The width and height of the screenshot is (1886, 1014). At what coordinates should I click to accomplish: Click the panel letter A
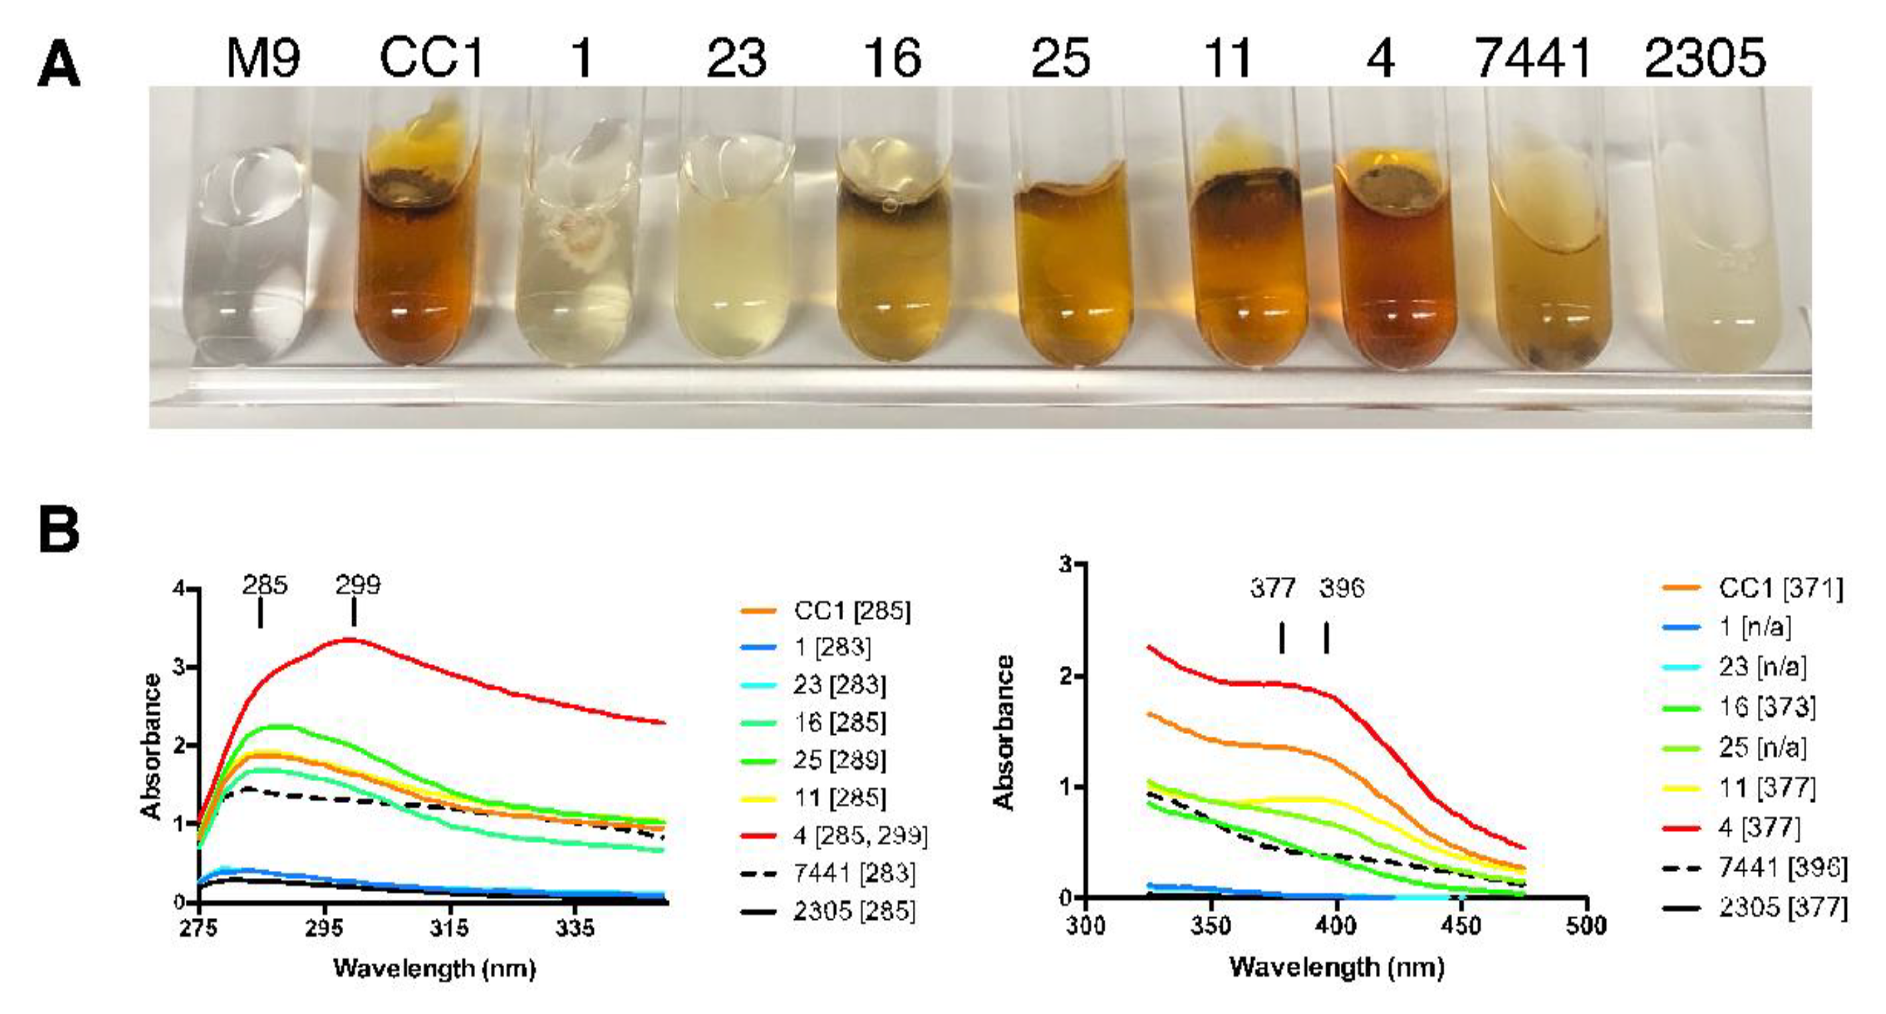coord(58,66)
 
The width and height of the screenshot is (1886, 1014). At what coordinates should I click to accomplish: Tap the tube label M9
coord(263,58)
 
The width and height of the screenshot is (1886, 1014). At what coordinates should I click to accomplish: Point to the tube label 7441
coord(1533,58)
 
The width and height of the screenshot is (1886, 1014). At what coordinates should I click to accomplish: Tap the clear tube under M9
coord(245,256)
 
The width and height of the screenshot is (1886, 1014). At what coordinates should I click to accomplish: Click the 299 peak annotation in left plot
coord(358,585)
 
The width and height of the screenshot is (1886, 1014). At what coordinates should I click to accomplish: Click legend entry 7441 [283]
coord(854,873)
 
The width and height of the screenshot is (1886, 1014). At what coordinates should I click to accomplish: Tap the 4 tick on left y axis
coord(178,590)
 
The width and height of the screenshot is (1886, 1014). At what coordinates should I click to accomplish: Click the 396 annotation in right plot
coord(1341,588)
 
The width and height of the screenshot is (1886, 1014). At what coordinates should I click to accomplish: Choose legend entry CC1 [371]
coord(1780,588)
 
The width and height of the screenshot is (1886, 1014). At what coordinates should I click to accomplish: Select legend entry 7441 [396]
coord(1782,867)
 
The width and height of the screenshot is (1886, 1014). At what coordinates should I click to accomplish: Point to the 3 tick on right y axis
coord(1066,564)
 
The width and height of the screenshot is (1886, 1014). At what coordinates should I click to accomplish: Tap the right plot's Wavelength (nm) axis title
coord(1336,967)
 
